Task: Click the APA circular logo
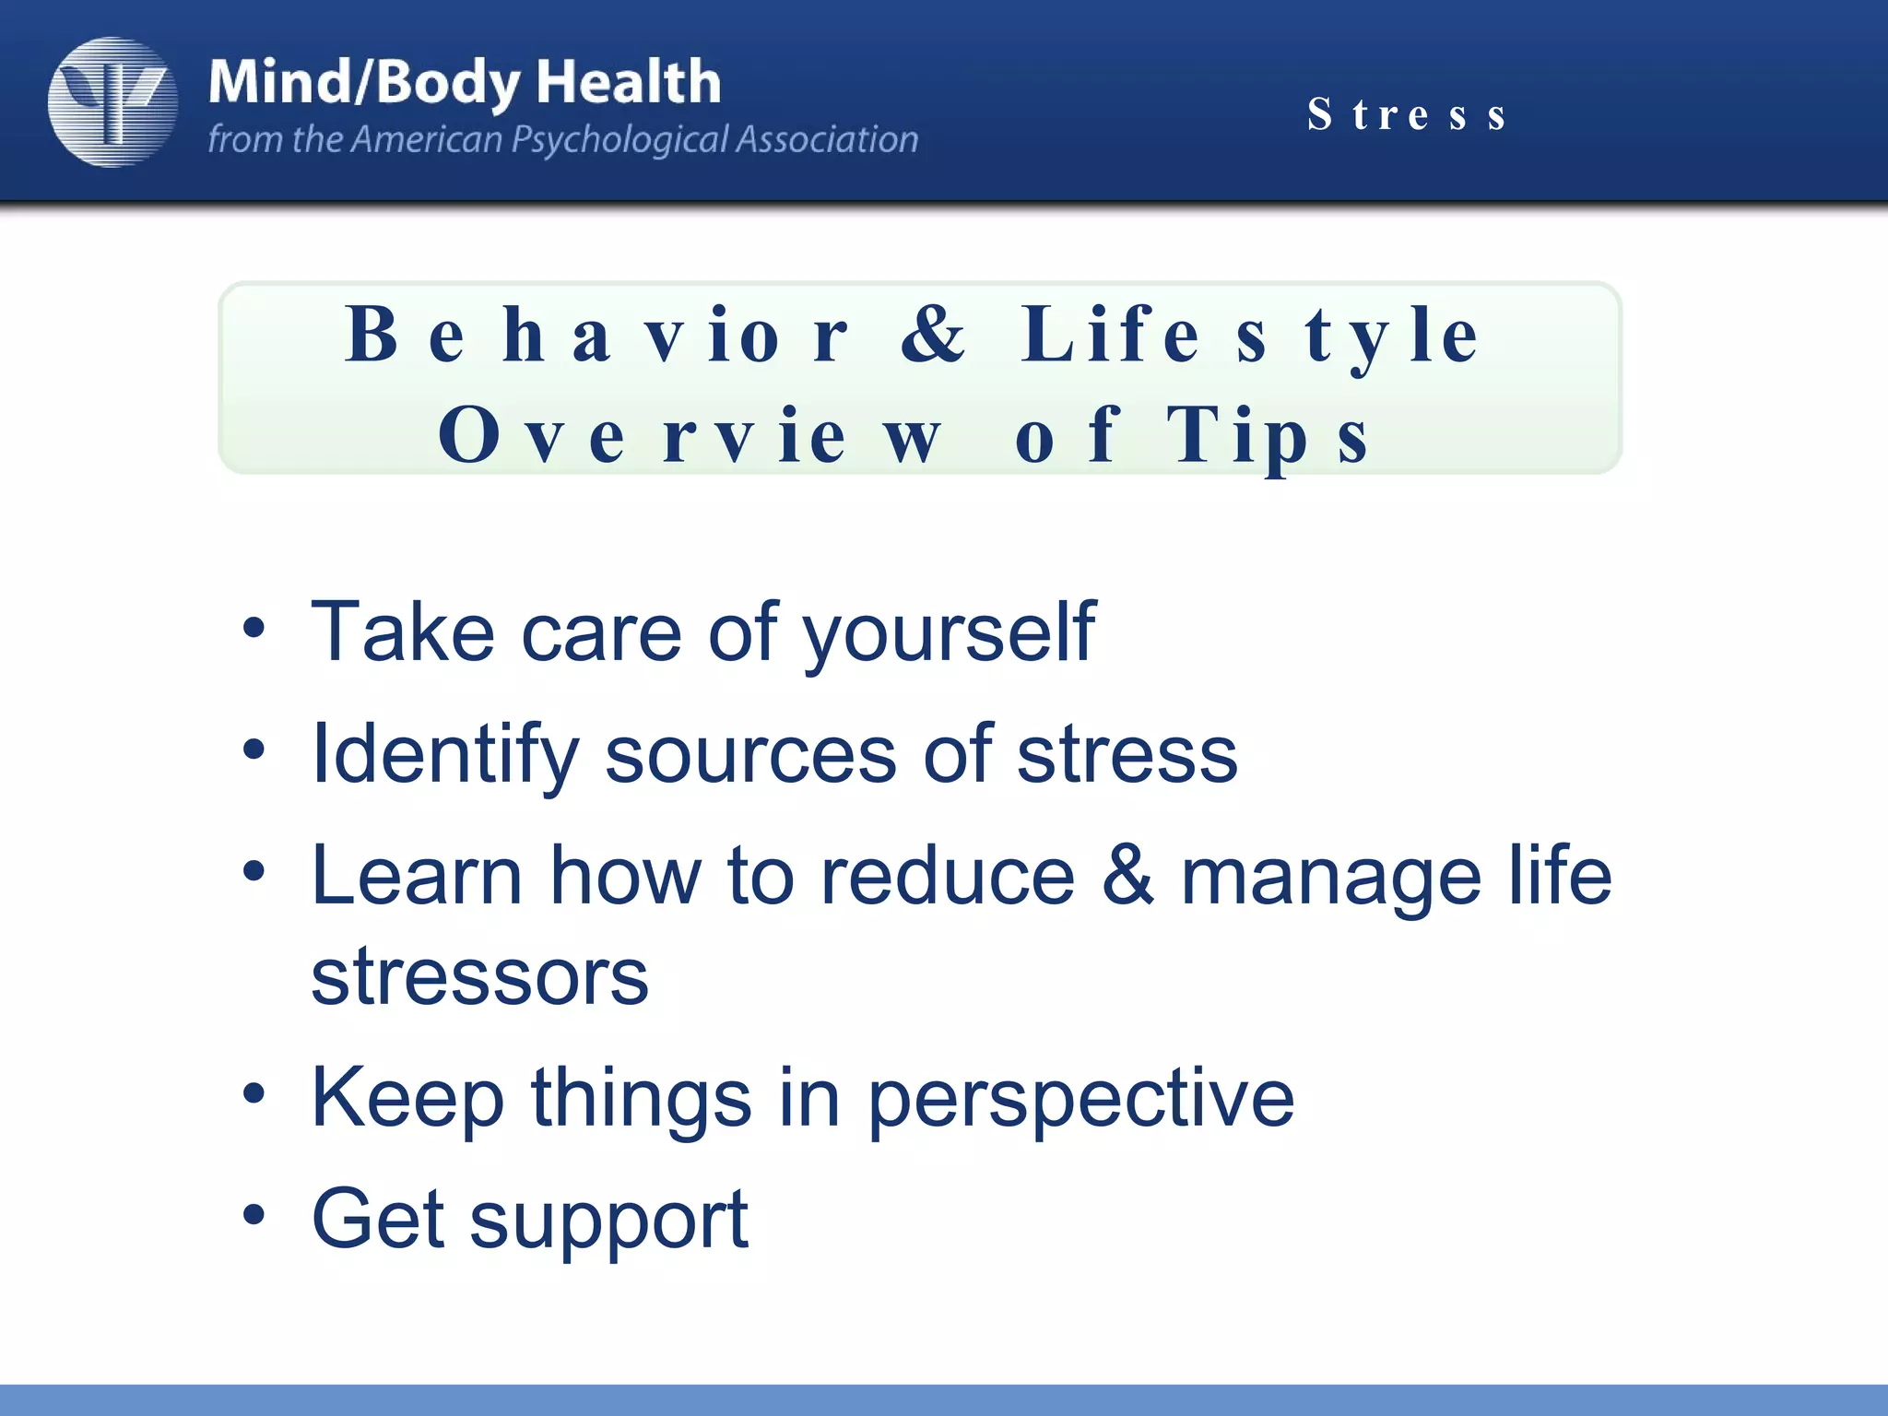point(112,102)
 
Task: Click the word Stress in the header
point(1407,115)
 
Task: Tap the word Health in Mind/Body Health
point(628,82)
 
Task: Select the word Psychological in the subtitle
point(619,140)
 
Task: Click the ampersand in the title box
point(933,335)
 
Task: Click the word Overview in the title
point(690,436)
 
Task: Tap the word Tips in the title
point(1268,436)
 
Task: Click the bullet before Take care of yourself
point(254,630)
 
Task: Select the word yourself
point(949,633)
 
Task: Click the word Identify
point(445,755)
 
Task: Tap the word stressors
point(479,976)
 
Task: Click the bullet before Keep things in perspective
point(254,1094)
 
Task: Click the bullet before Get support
point(254,1216)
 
